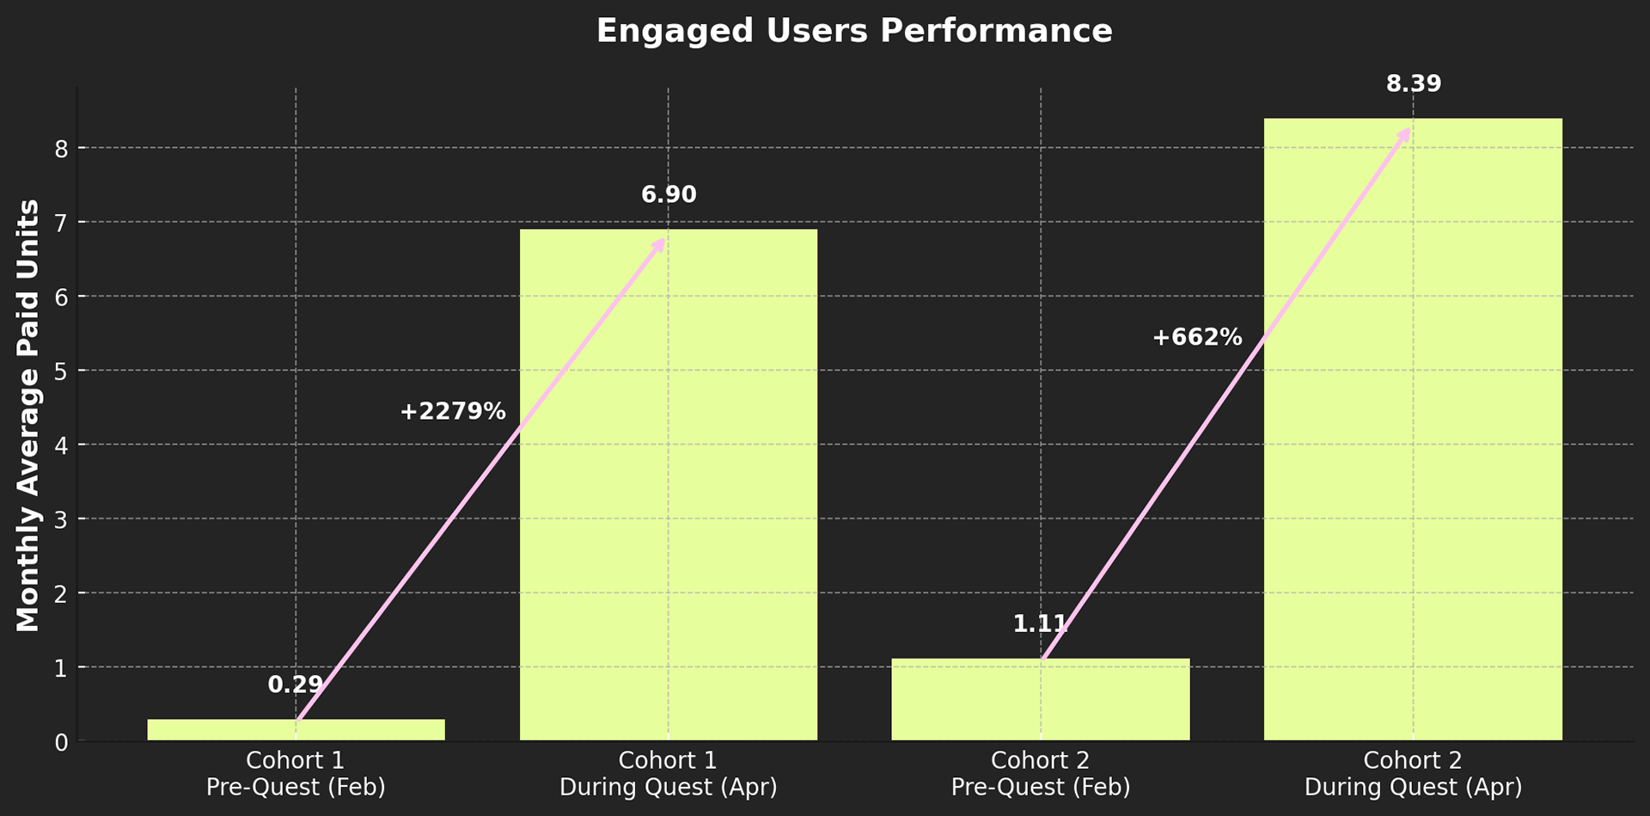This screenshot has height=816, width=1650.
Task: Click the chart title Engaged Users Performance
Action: pos(854,31)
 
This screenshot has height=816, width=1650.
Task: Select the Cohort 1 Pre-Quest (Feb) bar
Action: pos(258,730)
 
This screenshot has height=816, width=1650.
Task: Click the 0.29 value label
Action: pos(296,684)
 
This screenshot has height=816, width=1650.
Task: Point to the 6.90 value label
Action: pos(669,194)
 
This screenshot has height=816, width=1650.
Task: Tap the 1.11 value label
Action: pos(1040,623)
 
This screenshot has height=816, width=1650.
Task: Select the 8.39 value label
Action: pos(1414,84)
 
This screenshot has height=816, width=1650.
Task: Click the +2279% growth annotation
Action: pos(453,411)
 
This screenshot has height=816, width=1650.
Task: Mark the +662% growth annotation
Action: pos(1197,337)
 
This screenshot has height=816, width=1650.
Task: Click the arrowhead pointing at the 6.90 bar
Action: pos(659,244)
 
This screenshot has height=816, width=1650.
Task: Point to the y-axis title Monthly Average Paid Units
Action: pos(28,415)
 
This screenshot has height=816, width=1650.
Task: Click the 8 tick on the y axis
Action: pos(60,149)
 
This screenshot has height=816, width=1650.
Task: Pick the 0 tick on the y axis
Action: pos(60,742)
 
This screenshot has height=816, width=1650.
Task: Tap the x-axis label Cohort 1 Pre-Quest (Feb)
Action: pos(296,774)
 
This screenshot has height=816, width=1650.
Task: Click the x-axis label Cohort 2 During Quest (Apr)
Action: pos(1413,774)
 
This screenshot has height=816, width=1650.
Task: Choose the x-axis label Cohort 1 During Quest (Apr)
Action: pos(669,774)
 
